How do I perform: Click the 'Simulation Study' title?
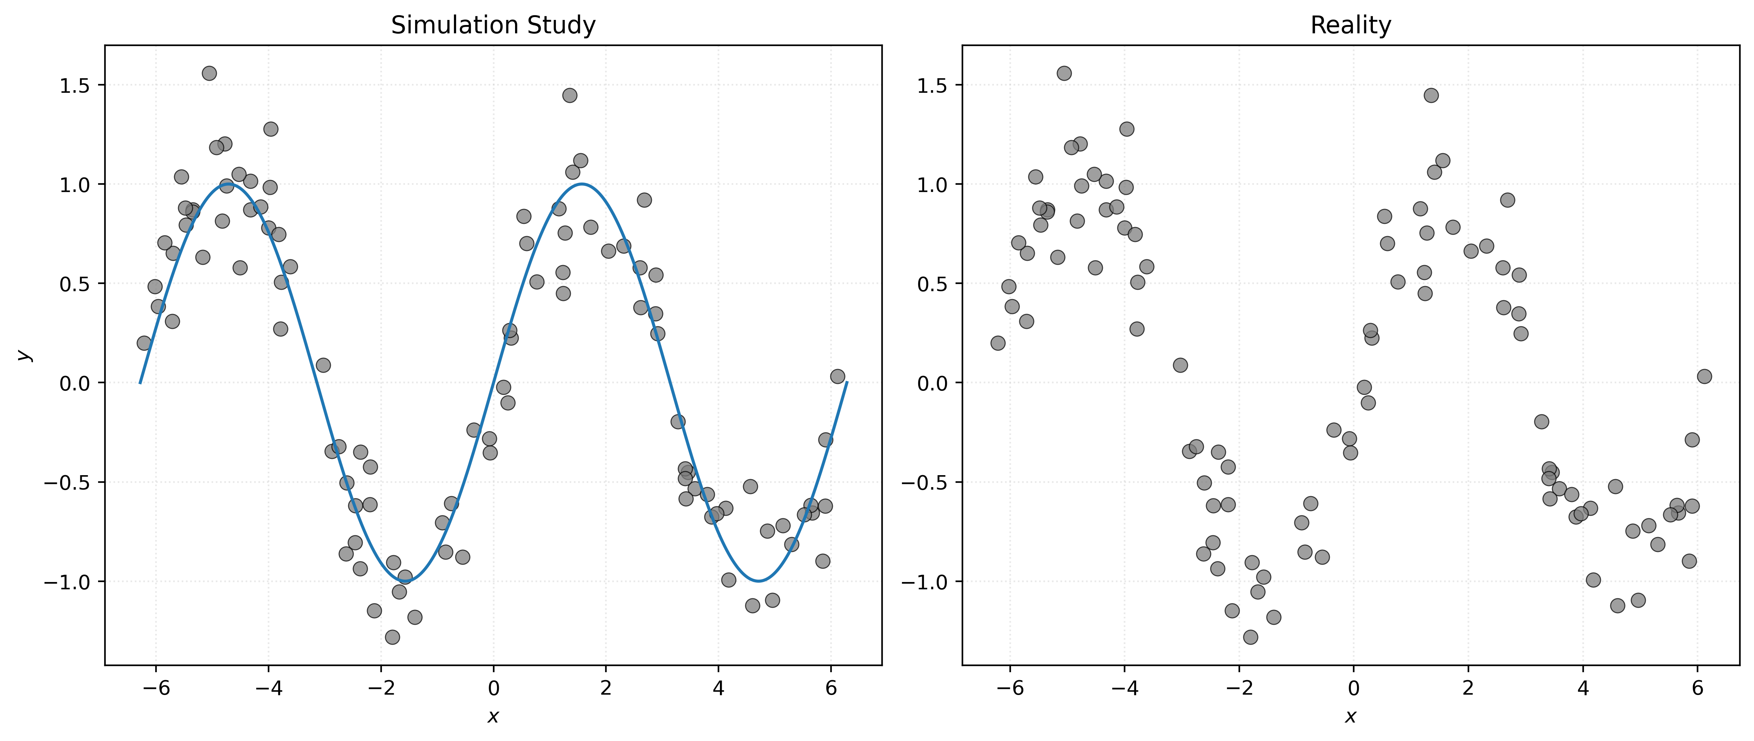493,25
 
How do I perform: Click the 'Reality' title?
1350,25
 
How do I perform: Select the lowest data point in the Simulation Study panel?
392,637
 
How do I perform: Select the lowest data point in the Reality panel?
1250,637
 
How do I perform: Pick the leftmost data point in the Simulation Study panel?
144,343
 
